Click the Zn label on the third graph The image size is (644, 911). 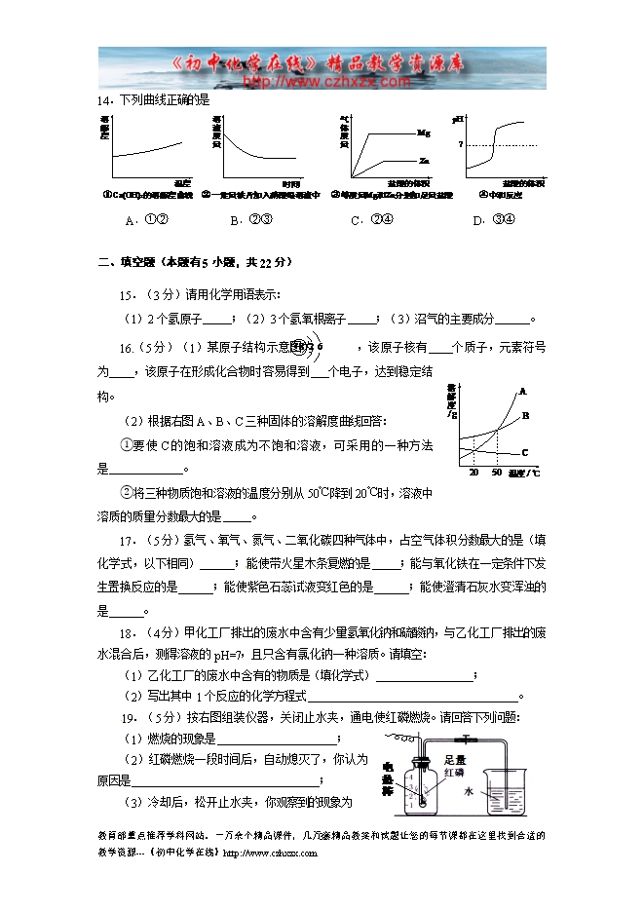coord(424,160)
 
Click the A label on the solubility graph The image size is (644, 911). coord(522,392)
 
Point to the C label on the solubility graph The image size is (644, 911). coord(524,452)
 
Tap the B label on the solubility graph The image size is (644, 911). coord(524,416)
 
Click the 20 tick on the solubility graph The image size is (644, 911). coord(474,472)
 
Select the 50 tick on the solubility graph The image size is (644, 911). coord(496,472)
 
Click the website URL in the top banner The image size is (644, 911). coord(309,81)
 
